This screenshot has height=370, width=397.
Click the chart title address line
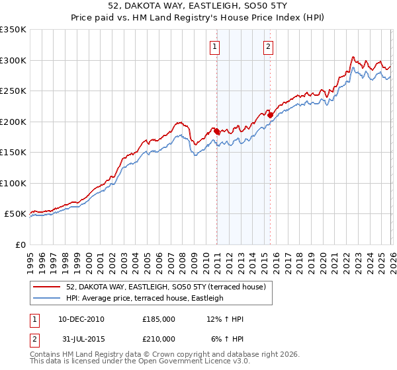[198, 7]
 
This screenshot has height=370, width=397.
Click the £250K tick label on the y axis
[13, 91]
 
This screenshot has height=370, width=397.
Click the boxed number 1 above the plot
[216, 46]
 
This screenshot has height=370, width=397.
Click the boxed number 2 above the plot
[269, 46]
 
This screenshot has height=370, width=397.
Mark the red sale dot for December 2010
[216, 131]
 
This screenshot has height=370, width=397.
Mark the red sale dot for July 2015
[270, 115]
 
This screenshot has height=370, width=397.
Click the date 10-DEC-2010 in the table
[81, 319]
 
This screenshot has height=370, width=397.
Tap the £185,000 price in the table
[159, 319]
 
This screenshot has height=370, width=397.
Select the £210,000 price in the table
[159, 338]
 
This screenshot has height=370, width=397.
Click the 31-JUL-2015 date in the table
[80, 338]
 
